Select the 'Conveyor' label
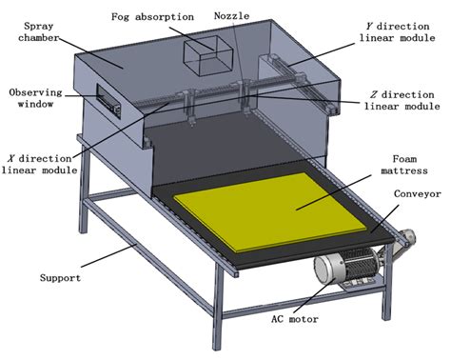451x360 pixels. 415,193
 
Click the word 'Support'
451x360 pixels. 61,279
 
